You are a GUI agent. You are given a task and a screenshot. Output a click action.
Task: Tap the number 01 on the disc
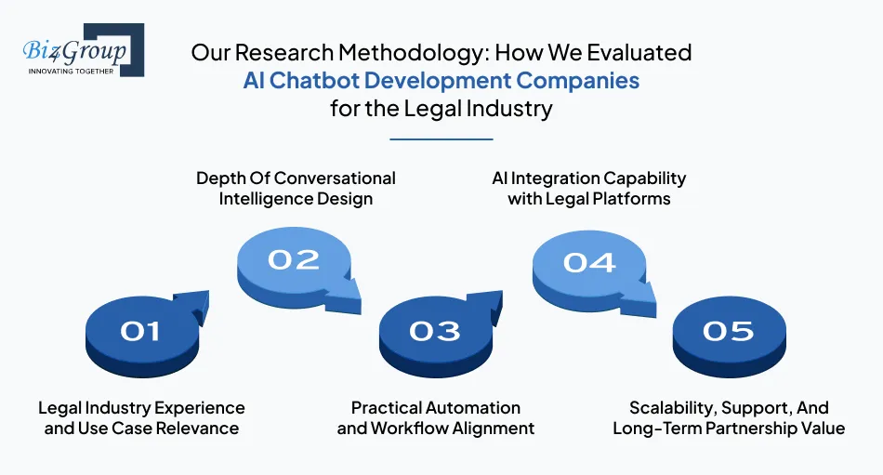pyautogui.click(x=140, y=331)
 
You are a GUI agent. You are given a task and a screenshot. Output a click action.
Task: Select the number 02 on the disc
pyautogui.click(x=293, y=259)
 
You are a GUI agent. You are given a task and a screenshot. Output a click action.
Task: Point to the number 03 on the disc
pyautogui.click(x=434, y=331)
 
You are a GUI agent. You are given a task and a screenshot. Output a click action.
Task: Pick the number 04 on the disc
pyautogui.click(x=588, y=262)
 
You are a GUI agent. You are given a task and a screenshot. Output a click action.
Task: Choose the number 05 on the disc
pyautogui.click(x=728, y=331)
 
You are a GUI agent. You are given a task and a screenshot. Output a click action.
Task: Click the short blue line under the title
pyautogui.click(x=441, y=139)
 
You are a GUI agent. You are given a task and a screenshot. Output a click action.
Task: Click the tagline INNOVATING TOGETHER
pyautogui.click(x=72, y=72)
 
